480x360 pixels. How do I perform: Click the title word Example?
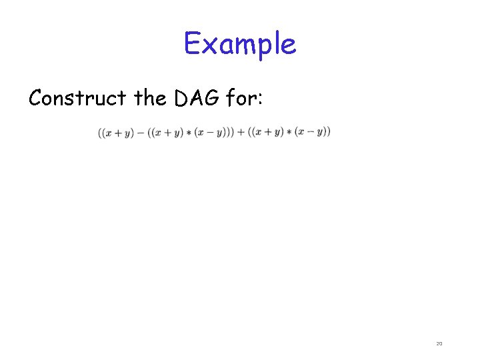(x=240, y=44)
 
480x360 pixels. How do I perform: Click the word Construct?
(x=77, y=99)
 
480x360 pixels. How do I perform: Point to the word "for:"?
(x=246, y=99)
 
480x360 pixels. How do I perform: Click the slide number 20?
(x=439, y=343)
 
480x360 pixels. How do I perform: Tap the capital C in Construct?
(x=37, y=99)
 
